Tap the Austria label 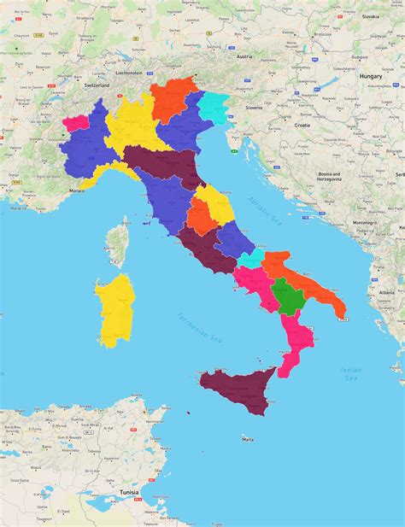coord(244,56)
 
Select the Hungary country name coord(370,76)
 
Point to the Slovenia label coord(254,108)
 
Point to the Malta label coord(248,439)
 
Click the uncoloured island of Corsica coord(120,243)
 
